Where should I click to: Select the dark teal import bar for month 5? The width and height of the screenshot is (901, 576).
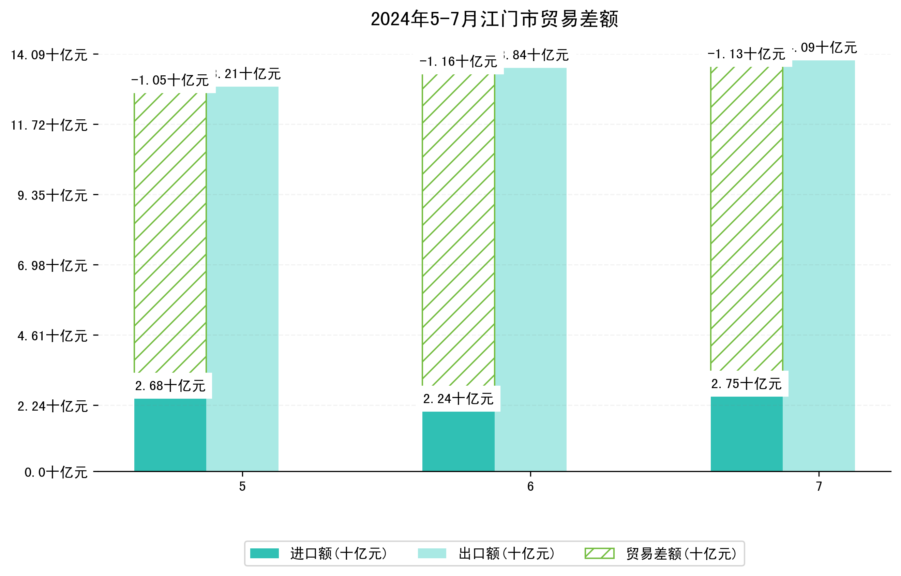(170, 435)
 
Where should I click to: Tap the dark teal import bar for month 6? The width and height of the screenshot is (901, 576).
(459, 442)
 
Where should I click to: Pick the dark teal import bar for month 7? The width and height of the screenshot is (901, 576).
(747, 434)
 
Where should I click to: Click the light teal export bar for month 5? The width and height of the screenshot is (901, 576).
(242, 279)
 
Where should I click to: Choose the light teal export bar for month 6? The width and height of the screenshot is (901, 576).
(530, 269)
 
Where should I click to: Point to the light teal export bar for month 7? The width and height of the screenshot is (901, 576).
(819, 266)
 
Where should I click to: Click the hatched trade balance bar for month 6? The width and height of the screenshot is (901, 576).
(459, 230)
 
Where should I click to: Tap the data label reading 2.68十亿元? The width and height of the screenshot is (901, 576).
(170, 386)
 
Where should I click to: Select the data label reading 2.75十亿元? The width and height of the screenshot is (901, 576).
(747, 384)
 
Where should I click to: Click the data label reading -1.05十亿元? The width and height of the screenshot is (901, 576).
(170, 80)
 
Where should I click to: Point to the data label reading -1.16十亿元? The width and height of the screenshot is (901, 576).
(459, 61)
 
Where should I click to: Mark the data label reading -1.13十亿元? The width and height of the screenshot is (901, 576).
(747, 54)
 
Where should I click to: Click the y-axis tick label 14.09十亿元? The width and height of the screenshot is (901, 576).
(49, 55)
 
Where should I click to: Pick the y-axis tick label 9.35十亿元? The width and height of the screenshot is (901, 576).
(52, 195)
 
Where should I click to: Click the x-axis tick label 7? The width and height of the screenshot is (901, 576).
(819, 487)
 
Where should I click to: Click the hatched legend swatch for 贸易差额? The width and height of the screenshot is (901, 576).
(599, 553)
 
